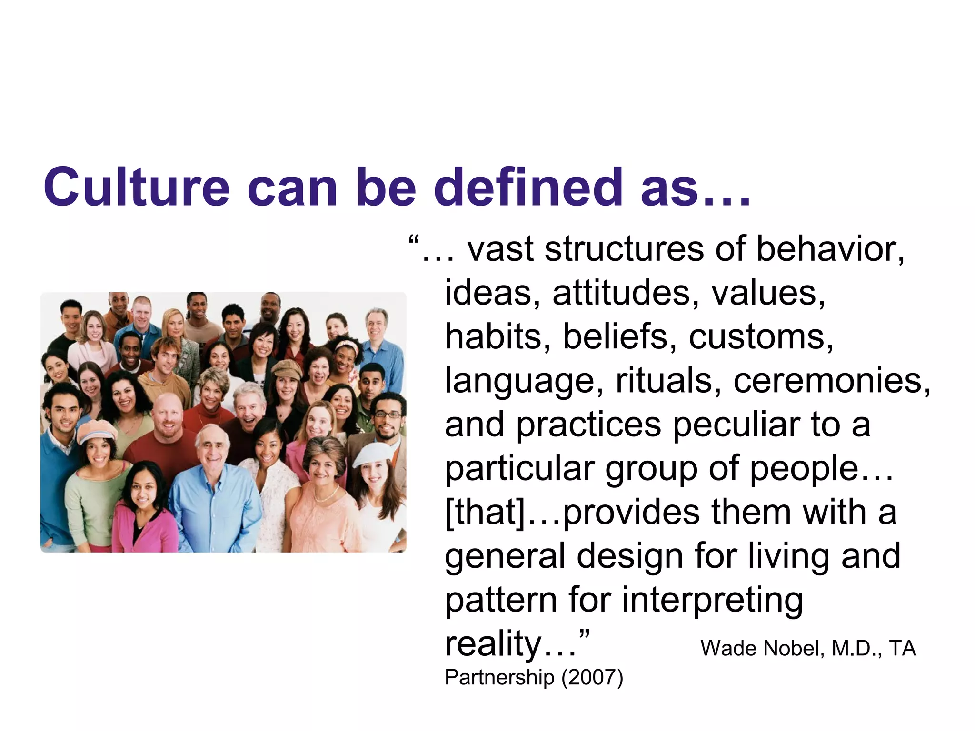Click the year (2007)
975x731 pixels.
click(592, 677)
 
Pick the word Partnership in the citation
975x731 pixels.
click(499, 678)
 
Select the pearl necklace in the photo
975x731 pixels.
click(326, 495)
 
